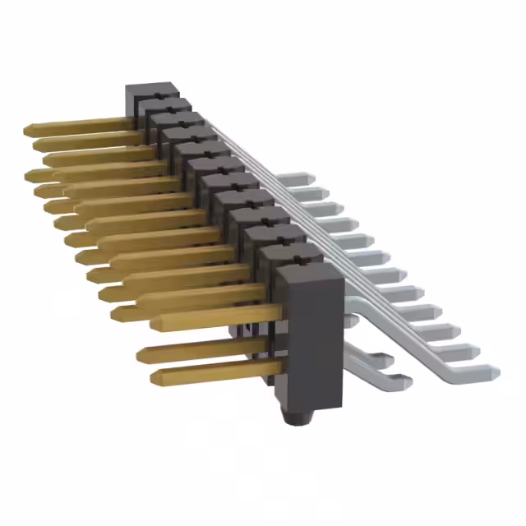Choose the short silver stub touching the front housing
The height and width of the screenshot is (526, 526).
coord(350,321)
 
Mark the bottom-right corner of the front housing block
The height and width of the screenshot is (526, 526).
coord(339,408)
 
